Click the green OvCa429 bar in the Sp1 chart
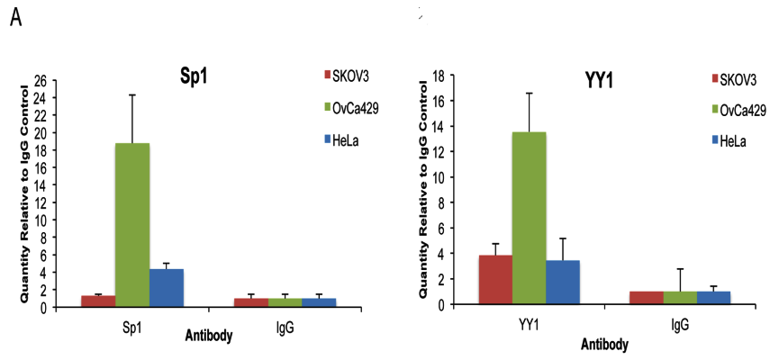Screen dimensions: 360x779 (131, 225)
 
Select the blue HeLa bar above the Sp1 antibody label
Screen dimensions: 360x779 (166, 288)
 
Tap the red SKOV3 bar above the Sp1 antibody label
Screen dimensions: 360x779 (97, 301)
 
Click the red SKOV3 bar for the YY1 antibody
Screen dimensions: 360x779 (494, 279)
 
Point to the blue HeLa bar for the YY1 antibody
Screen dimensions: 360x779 (563, 282)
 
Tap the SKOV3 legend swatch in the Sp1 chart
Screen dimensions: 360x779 (328, 74)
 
